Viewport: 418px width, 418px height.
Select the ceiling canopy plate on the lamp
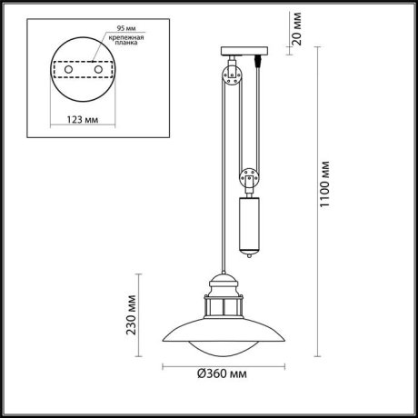click(x=246, y=50)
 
